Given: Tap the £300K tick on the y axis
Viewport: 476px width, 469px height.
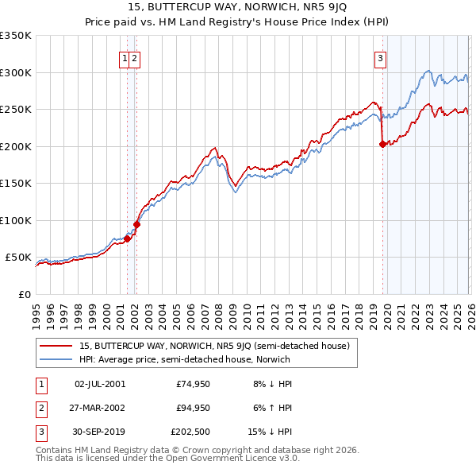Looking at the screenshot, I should [x=16, y=72].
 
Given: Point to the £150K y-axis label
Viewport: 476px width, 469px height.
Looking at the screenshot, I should [x=16, y=183].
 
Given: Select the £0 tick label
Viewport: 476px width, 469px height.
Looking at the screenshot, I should [x=24, y=294].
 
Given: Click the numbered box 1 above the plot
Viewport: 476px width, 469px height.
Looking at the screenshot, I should [x=125, y=58].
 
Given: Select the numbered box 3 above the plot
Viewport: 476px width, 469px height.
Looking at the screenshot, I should [x=381, y=58].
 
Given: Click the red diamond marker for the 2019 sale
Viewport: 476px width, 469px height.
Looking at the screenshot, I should [x=383, y=144].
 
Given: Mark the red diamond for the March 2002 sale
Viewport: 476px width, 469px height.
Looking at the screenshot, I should [x=136, y=224].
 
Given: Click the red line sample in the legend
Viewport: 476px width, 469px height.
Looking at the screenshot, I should [x=56, y=346].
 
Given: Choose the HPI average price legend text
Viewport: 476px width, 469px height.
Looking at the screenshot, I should [x=185, y=359].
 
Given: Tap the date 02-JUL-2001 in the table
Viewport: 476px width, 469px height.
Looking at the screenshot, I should [x=99, y=384].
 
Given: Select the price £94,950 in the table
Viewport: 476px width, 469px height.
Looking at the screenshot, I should [x=193, y=408].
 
